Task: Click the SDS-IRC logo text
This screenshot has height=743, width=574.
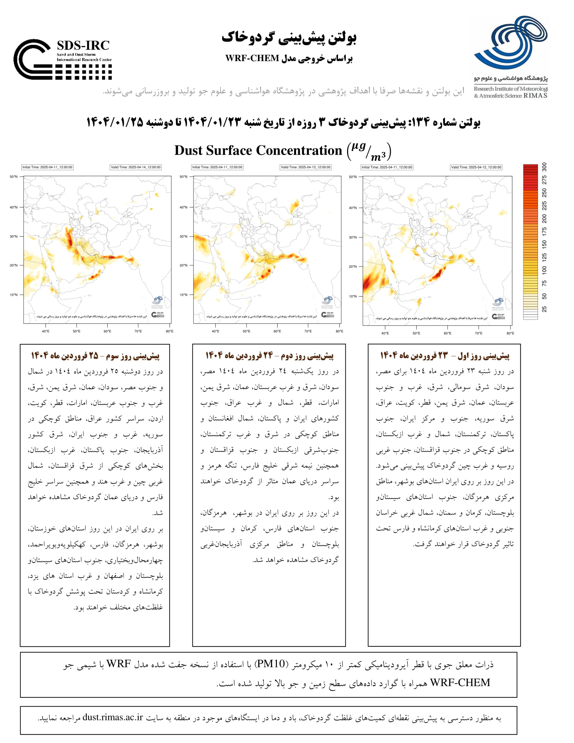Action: click(x=83, y=45)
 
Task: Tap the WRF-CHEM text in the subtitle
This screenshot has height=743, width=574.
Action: click(x=252, y=58)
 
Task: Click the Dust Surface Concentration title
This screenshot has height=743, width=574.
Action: click(x=258, y=150)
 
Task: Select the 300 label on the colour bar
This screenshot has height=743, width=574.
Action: click(x=544, y=167)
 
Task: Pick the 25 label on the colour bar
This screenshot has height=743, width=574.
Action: click(x=544, y=309)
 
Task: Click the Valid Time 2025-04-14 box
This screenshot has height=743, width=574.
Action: click(x=135, y=167)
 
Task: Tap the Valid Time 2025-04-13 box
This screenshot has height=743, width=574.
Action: click(x=305, y=167)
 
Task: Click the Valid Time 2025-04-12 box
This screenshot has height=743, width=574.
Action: click(x=476, y=167)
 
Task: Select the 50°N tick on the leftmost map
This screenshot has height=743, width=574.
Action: click(x=13, y=177)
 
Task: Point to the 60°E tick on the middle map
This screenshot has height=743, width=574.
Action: click(x=277, y=331)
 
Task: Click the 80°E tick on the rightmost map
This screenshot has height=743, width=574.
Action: click(x=510, y=333)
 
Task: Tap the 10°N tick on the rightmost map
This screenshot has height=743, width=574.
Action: click(x=353, y=296)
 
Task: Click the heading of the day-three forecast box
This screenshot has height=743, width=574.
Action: click(x=95, y=356)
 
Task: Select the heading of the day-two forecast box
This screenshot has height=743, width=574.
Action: click(x=269, y=356)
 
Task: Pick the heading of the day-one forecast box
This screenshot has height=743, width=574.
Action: click(x=444, y=356)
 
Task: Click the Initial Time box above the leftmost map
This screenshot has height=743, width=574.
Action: click(x=47, y=167)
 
